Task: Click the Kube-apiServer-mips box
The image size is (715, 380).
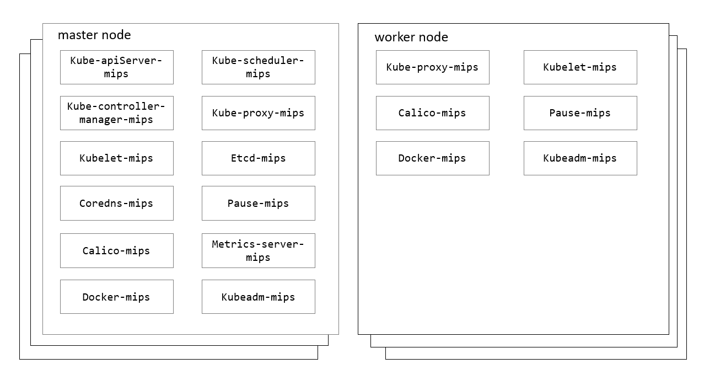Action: (116, 67)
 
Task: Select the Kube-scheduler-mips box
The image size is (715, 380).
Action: (258, 67)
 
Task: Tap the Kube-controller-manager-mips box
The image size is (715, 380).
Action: (116, 113)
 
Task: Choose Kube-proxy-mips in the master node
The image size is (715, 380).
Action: (258, 113)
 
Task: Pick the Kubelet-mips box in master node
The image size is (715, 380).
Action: (116, 158)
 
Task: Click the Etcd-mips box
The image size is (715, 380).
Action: (258, 158)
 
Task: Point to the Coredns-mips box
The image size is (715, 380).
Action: (116, 203)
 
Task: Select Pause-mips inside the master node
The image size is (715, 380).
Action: (258, 203)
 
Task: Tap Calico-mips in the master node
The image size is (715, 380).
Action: (116, 250)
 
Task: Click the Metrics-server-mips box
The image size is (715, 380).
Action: (258, 250)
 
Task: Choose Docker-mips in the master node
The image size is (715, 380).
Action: (116, 297)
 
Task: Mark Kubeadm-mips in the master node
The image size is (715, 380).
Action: (258, 297)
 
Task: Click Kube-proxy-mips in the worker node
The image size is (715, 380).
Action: (432, 67)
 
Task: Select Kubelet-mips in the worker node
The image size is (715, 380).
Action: (580, 67)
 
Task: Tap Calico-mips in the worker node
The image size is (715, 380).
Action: (432, 113)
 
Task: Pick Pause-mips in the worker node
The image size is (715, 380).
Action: (580, 113)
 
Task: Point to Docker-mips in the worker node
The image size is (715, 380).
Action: (432, 158)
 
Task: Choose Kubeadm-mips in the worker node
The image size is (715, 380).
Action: (580, 158)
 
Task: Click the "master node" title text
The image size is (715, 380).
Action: (94, 35)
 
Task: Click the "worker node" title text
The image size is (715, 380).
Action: (411, 38)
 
